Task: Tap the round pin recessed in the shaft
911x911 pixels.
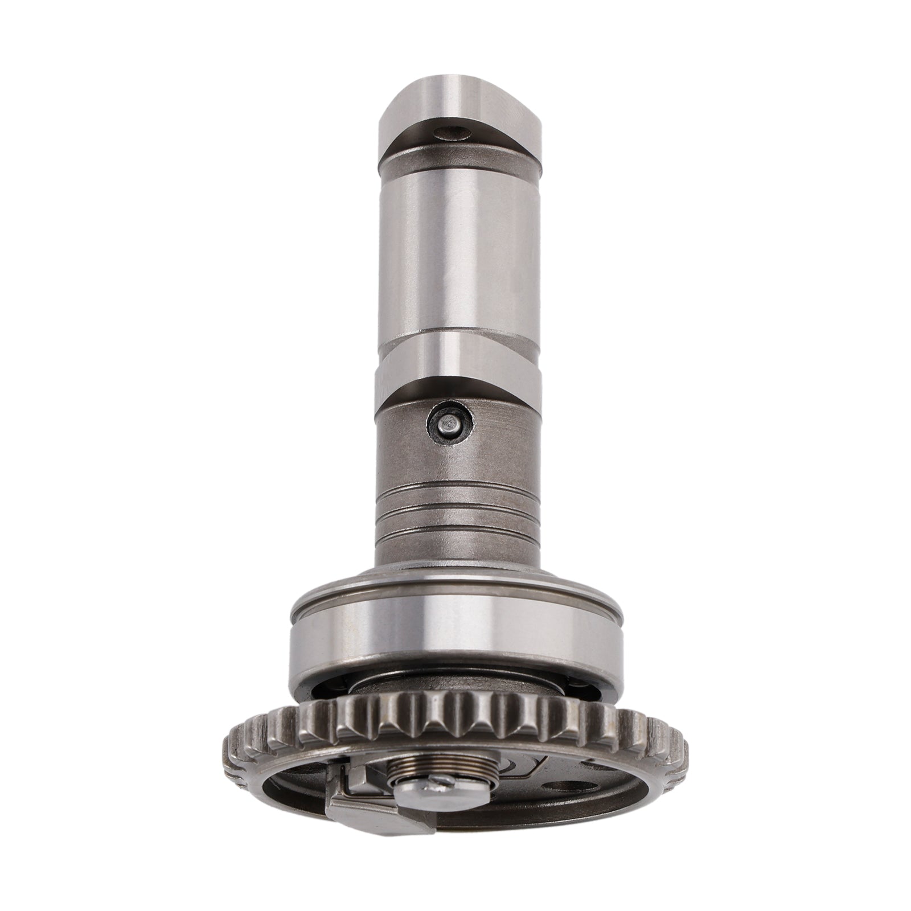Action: pos(450,424)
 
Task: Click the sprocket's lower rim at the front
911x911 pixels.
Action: pos(455,854)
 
